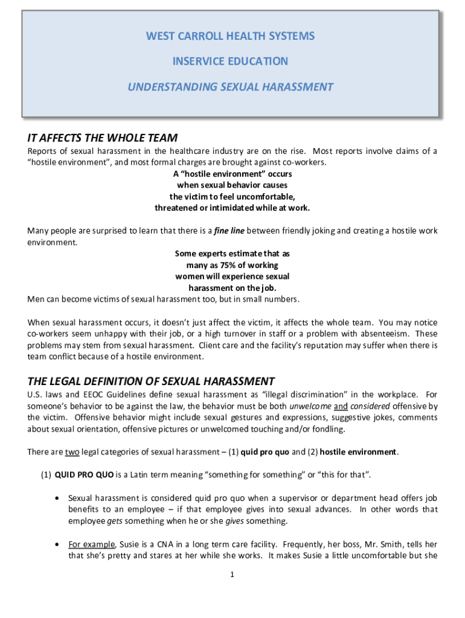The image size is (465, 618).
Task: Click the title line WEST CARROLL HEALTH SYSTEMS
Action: pos(230,36)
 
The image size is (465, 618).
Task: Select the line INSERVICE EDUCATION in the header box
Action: pos(230,62)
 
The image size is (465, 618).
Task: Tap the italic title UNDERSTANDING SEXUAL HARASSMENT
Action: pos(230,87)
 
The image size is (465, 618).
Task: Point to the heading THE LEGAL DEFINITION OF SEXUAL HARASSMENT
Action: pos(151,381)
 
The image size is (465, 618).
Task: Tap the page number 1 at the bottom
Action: pos(232,574)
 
